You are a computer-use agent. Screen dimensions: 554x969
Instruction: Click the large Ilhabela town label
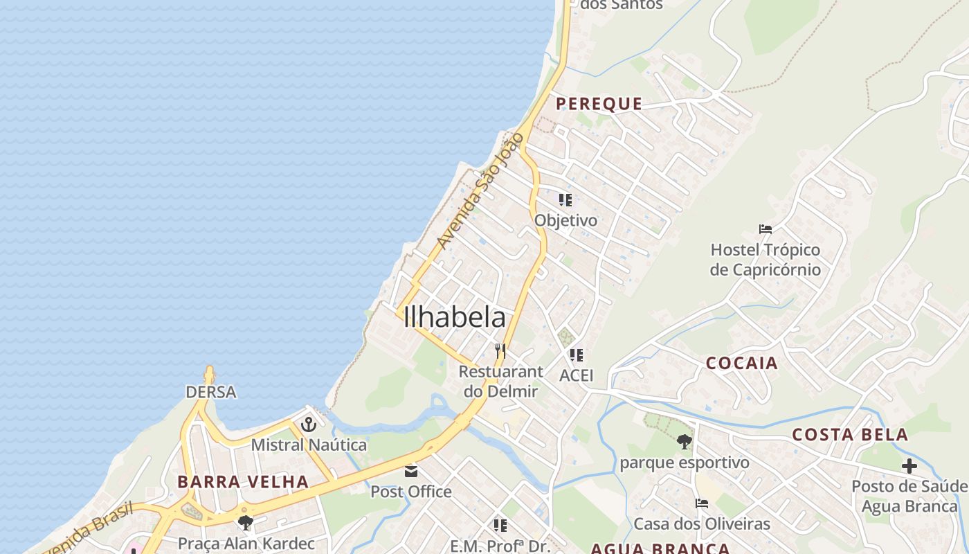(454, 317)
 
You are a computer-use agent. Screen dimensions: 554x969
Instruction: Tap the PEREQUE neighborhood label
(599, 104)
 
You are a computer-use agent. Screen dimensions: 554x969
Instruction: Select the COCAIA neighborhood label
(742, 363)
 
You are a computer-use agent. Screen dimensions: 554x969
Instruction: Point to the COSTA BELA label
(850, 435)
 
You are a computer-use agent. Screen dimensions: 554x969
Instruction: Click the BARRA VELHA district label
(243, 482)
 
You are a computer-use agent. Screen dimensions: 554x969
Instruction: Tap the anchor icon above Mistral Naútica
(309, 424)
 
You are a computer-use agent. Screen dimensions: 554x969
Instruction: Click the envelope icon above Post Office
(411, 472)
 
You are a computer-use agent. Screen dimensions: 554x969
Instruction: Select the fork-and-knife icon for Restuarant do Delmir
(500, 351)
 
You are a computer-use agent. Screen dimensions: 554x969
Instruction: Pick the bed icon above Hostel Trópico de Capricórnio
(766, 229)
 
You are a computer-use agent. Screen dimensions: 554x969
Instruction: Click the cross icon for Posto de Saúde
(909, 465)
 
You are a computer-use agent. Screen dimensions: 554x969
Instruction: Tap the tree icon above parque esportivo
(684, 441)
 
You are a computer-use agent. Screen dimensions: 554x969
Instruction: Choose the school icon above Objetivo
(565, 200)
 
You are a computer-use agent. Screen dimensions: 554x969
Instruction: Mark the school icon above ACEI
(576, 355)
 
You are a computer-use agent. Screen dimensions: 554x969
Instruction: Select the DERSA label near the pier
(211, 392)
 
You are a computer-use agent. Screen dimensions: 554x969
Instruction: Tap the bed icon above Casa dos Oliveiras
(702, 503)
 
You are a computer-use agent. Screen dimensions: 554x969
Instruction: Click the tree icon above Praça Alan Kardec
(245, 523)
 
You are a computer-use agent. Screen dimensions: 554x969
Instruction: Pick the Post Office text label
(411, 492)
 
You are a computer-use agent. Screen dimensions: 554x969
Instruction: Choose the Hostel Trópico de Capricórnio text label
(766, 260)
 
